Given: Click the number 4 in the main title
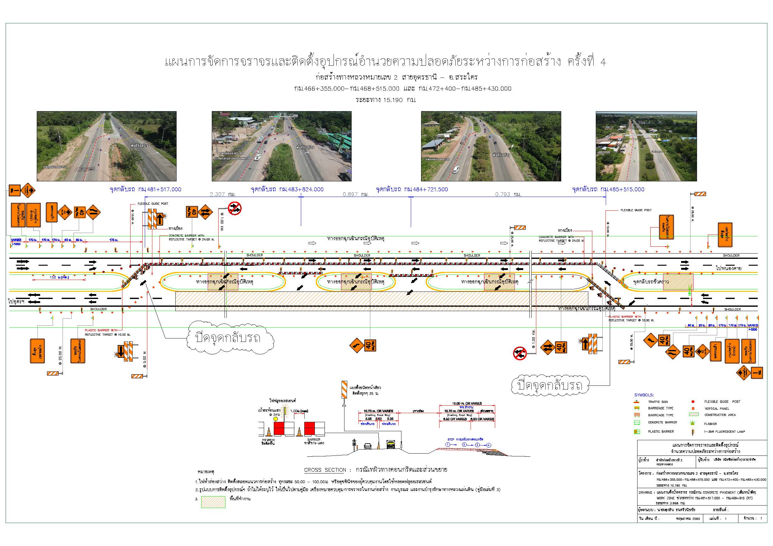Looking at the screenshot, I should point(602,63).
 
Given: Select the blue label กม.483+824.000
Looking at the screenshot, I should point(301,189).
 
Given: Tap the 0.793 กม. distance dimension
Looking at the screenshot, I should point(508,194).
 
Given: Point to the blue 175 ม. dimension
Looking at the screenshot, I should point(114,240).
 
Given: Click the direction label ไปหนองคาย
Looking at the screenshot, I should point(728,268).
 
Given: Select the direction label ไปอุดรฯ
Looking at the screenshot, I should point(16,301).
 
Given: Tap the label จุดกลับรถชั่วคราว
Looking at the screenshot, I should point(651,282).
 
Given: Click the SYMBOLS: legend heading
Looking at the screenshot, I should point(644,395).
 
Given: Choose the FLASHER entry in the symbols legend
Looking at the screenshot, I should point(710,424).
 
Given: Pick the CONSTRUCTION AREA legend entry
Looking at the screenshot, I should point(720,415).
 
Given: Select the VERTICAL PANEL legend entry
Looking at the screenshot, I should point(717,408).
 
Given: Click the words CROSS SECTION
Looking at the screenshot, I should point(325,470).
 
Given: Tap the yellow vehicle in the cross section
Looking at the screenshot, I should point(391,445).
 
